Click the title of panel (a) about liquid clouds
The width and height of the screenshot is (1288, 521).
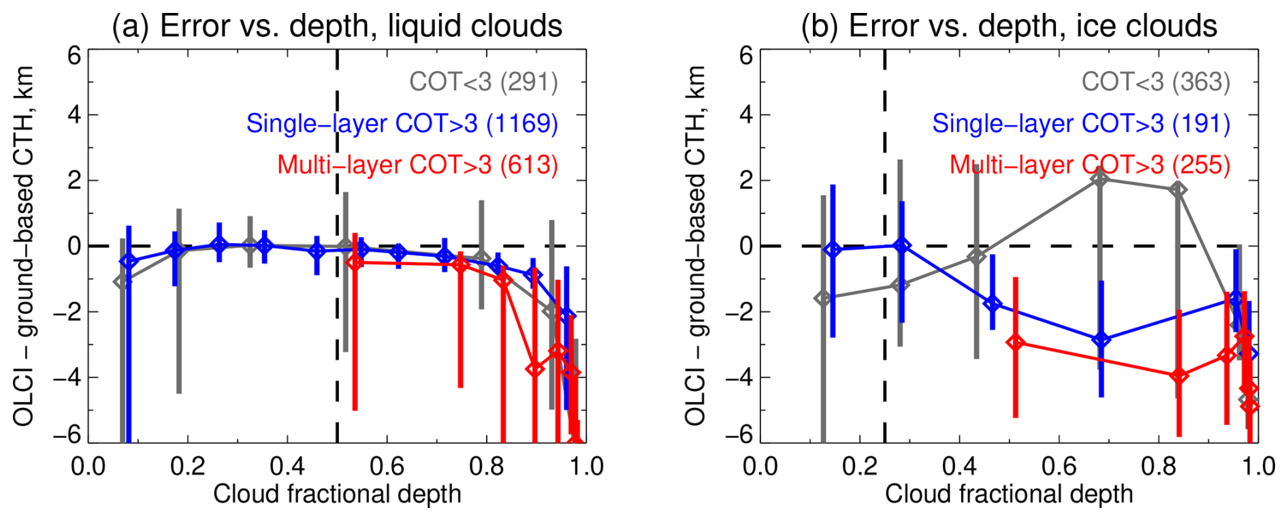point(337,26)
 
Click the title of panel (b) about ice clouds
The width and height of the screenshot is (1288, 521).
point(1009,26)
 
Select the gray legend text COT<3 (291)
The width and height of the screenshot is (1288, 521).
point(483,82)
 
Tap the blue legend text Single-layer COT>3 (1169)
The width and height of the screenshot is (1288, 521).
point(402,123)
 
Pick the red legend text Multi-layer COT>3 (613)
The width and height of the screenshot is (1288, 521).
point(417,165)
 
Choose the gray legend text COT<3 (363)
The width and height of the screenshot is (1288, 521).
point(1156,82)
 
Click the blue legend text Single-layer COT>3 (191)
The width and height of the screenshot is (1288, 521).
point(1081,123)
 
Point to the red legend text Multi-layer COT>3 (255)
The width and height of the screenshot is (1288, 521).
point(1090,165)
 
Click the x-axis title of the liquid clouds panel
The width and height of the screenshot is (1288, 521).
point(337,494)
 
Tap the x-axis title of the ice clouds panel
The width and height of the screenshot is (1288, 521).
point(1009,494)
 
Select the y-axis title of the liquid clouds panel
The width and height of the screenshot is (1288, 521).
point(24,246)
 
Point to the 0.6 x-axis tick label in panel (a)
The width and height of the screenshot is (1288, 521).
point(387,467)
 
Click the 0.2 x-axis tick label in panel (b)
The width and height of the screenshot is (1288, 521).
point(860,467)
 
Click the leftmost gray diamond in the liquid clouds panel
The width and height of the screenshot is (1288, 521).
point(123,281)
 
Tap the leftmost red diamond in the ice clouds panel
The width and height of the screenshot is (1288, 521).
point(1016,343)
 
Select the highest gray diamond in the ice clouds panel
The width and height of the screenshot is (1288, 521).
point(1099,178)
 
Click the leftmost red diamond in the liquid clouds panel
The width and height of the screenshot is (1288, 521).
point(355,262)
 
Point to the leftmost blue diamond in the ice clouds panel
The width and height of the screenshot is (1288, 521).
point(832,249)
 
